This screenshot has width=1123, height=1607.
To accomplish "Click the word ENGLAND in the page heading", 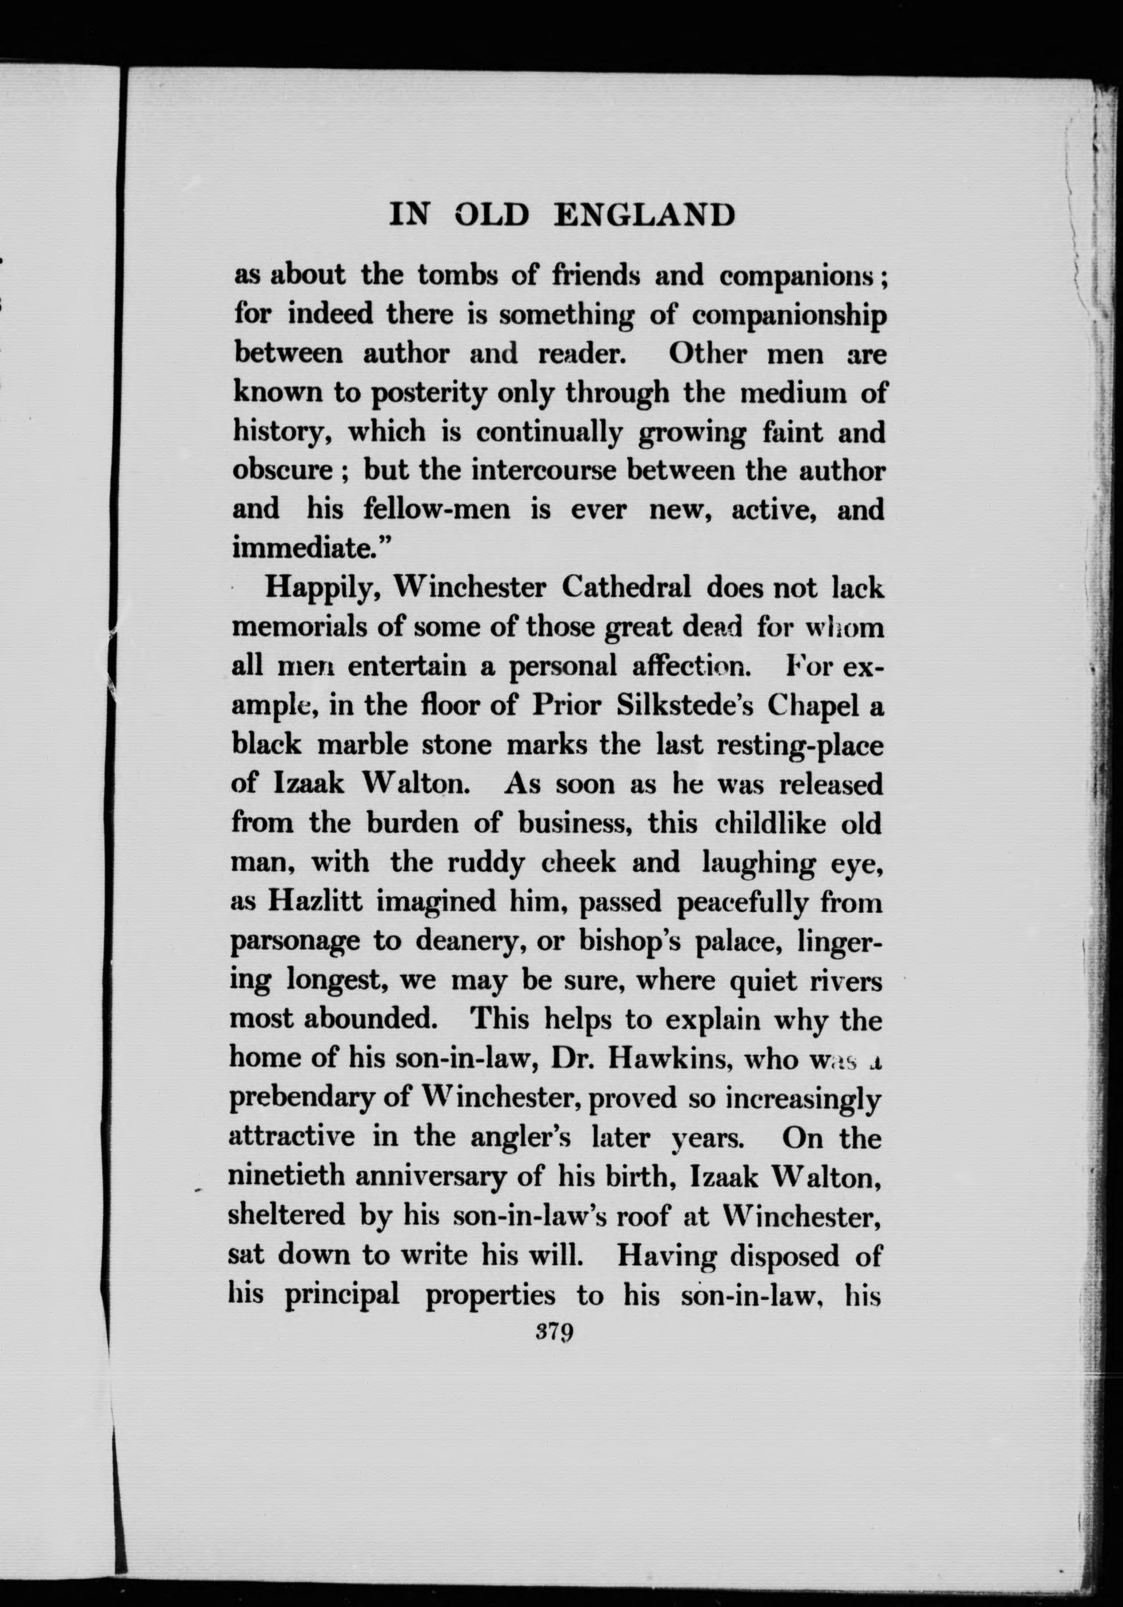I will [x=644, y=215].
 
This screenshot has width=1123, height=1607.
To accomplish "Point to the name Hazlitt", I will [x=315, y=902].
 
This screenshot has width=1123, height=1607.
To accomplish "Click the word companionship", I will [x=788, y=316].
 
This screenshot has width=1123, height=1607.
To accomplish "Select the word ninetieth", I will [x=287, y=1177].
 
